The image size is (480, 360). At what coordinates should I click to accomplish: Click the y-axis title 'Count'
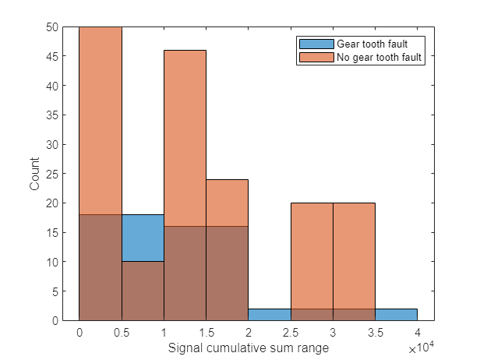[34, 174]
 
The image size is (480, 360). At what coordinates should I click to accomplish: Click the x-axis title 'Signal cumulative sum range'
[248, 348]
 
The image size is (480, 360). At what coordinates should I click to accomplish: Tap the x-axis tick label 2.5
[290, 332]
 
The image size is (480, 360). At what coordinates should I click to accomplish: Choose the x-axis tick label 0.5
[121, 332]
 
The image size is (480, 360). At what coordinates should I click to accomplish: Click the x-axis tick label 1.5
[206, 332]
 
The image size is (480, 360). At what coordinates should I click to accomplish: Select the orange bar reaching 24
[227, 203]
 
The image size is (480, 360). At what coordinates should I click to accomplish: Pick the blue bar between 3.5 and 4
[396, 315]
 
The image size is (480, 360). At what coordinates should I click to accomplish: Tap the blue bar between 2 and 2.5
[269, 315]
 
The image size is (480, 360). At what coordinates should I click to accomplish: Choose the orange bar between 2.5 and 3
[311, 249]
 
